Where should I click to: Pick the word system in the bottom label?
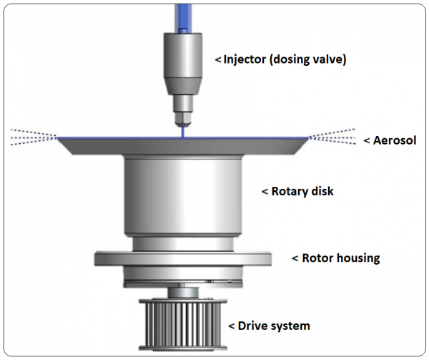tap(292, 326)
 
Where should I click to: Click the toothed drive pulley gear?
tap(184, 321)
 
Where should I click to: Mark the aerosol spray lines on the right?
tap(332, 136)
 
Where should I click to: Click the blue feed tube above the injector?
tap(184, 14)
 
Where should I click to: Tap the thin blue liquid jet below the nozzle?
tap(184, 131)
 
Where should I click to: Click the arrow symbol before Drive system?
tap(231, 326)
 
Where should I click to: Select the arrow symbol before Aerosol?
tap(367, 140)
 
